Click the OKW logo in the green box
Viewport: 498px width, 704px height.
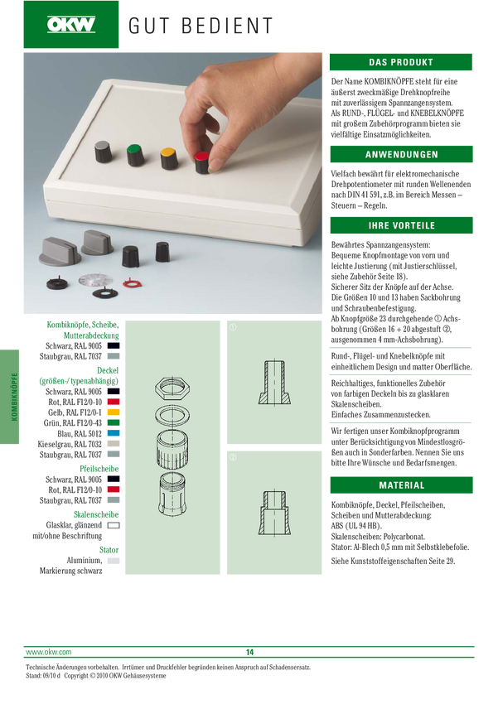(71, 24)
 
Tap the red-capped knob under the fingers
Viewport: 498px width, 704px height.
(202, 162)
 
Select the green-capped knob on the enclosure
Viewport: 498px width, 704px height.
(135, 155)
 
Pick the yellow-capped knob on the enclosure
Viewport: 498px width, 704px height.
(169, 158)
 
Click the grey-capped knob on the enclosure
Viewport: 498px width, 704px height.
(103, 152)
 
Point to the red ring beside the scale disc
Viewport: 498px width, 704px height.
(132, 283)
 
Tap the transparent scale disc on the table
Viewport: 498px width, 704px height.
(95, 280)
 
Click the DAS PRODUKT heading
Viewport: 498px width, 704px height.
(400, 62)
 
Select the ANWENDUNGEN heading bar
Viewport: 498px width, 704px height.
(401, 154)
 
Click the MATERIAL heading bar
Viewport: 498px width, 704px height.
(401, 485)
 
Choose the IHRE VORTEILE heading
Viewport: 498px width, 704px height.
(401, 225)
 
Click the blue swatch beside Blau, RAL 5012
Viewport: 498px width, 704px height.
(114, 433)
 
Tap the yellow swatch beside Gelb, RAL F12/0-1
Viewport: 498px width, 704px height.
(114, 412)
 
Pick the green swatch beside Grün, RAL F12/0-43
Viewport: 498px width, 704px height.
(114, 422)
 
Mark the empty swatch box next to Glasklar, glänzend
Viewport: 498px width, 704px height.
(114, 525)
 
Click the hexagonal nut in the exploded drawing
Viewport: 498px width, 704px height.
(172, 388)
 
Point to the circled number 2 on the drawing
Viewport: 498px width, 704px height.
(233, 457)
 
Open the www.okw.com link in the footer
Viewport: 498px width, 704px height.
(49, 652)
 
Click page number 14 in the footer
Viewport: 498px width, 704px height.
(249, 652)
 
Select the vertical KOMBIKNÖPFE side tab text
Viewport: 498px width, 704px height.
(14, 397)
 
